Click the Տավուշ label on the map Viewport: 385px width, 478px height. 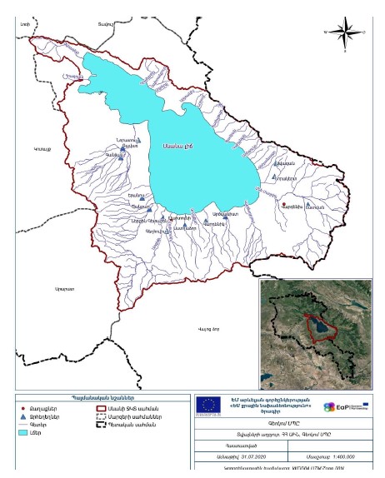104,22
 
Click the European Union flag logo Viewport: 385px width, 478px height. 207,404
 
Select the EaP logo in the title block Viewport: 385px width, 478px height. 351,405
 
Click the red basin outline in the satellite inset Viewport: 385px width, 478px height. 319,325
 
